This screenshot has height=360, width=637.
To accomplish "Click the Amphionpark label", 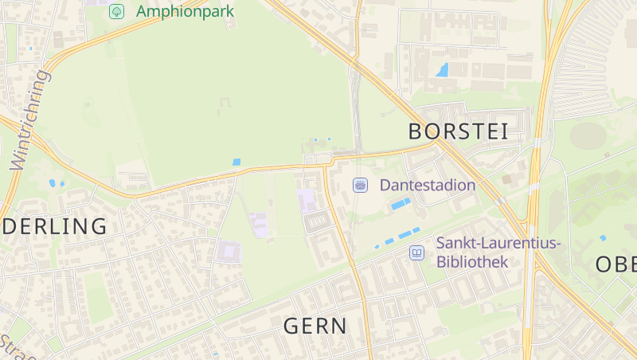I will pyautogui.click(x=185, y=11).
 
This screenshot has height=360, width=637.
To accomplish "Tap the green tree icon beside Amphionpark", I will pyautogui.click(x=116, y=11).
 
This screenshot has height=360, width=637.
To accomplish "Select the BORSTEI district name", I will pyautogui.click(x=458, y=131).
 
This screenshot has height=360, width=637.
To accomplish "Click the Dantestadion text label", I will pyautogui.click(x=428, y=185).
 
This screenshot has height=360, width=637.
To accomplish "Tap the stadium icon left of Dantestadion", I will pyautogui.click(x=360, y=185).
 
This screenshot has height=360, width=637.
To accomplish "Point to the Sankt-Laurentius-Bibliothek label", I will pyautogui.click(x=498, y=252).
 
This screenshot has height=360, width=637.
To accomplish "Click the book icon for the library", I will pyautogui.click(x=416, y=252).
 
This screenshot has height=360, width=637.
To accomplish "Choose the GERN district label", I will pyautogui.click(x=315, y=325).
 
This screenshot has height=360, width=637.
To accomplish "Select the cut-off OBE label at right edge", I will pyautogui.click(x=616, y=264).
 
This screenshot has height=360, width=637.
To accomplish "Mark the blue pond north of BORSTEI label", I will pyautogui.click(x=442, y=70).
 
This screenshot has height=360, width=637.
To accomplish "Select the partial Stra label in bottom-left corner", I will pyautogui.click(x=16, y=344).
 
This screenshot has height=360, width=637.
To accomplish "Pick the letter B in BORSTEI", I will pyautogui.click(x=416, y=131).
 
